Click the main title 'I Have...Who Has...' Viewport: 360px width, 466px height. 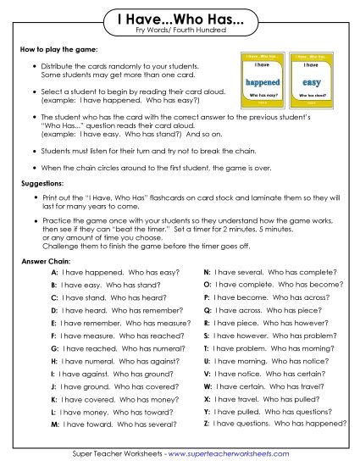[x=180, y=18]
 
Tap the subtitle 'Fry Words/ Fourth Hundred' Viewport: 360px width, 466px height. [x=180, y=31]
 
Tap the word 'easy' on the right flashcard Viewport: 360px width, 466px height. [x=311, y=82]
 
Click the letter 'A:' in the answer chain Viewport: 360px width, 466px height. [x=54, y=273]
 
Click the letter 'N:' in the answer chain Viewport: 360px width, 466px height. [x=208, y=273]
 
